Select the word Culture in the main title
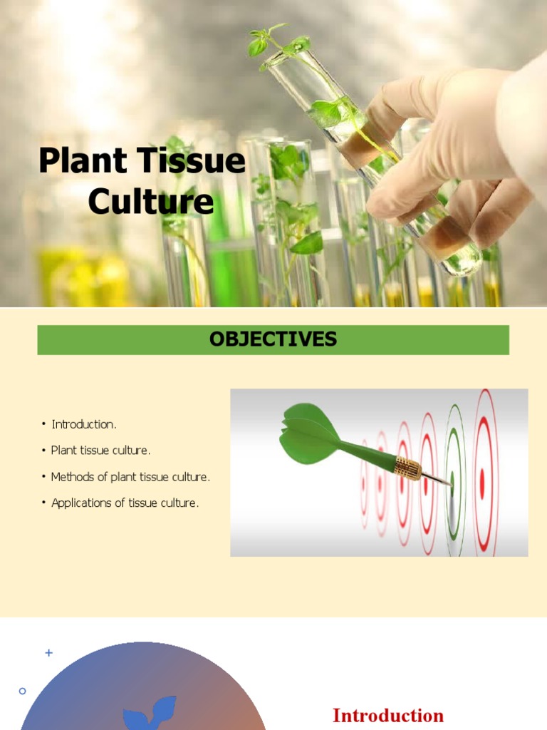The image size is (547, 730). [x=151, y=201]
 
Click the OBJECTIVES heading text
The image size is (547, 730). [x=273, y=339]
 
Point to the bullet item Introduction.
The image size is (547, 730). [x=83, y=424]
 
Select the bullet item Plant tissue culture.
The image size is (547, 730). [x=100, y=451]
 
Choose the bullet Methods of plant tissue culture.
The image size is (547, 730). [x=130, y=476]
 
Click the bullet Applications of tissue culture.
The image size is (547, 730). [x=125, y=503]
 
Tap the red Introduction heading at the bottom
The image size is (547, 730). [x=388, y=715]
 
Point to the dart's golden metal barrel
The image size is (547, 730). [x=407, y=468]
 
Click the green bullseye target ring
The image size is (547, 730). [x=454, y=471]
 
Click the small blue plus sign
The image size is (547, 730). [x=49, y=652]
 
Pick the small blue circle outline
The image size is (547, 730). [x=22, y=691]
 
